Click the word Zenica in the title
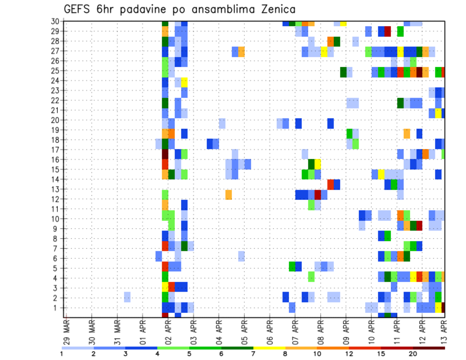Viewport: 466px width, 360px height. point(274,9)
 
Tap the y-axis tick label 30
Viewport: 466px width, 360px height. point(56,21)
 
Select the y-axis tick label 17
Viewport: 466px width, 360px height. point(56,149)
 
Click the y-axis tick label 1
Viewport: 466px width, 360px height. point(58,308)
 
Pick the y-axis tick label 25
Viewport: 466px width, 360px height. point(56,70)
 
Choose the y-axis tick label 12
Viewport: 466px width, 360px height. point(56,199)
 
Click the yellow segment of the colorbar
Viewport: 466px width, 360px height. point(269,348)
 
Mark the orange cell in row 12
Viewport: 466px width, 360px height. point(229,194)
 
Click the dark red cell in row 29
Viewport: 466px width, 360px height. point(387,31)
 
